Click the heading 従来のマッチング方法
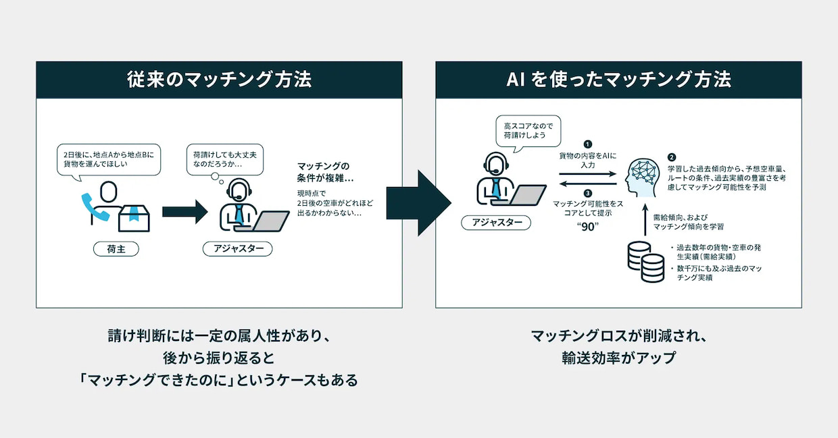click(x=219, y=80)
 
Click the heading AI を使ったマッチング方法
click(x=618, y=80)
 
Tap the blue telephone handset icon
click(x=95, y=207)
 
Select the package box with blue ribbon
click(x=134, y=218)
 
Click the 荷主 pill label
click(x=116, y=249)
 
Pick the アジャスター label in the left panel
click(x=238, y=249)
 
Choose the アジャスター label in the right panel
click(x=496, y=223)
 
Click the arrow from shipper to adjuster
click(x=184, y=212)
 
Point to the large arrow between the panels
click(x=419, y=203)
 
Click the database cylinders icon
click(x=645, y=262)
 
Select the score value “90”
click(x=588, y=227)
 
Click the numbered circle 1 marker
click(x=588, y=144)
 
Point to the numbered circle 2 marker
click(x=672, y=157)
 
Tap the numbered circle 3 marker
click(x=588, y=193)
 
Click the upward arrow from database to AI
click(x=645, y=219)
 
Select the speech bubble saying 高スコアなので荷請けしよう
click(x=528, y=131)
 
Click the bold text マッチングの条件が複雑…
click(x=325, y=172)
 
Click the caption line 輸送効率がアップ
click(x=618, y=358)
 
